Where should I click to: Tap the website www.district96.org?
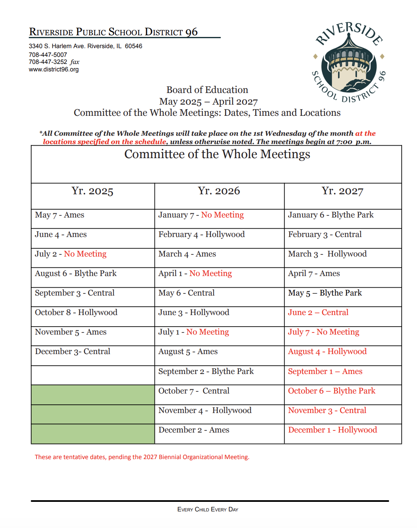tap(54, 69)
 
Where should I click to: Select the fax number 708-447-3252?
tap(48, 62)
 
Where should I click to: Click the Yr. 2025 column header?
tap(92, 191)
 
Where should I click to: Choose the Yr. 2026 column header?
tap(219, 191)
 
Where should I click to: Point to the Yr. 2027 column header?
tap(342, 191)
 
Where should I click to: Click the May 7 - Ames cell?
tap(60, 215)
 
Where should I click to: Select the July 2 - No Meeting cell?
tap(71, 254)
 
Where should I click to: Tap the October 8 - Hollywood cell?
tap(76, 313)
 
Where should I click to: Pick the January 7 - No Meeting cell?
tap(201, 215)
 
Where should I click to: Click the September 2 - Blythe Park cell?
tap(206, 372)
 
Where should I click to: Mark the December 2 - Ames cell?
tap(194, 430)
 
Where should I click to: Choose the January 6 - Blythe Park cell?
tap(331, 215)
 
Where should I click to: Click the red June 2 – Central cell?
tap(318, 313)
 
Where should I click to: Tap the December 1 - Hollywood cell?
tap(332, 430)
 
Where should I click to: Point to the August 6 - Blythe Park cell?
tap(76, 274)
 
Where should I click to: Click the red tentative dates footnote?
tap(142, 457)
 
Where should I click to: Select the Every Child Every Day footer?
tap(208, 509)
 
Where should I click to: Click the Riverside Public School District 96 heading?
tap(113, 32)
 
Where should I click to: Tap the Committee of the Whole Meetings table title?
tap(217, 154)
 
